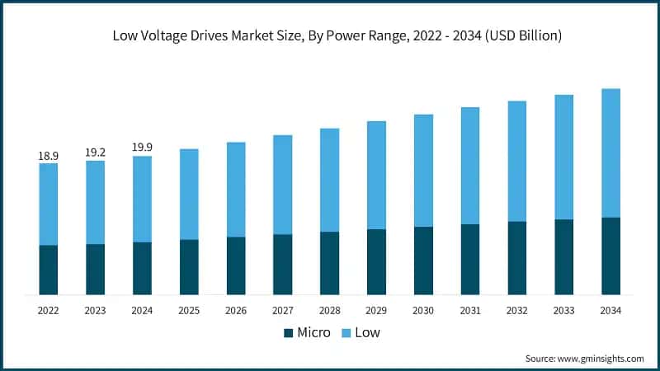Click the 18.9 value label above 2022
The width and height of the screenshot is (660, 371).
tap(48, 155)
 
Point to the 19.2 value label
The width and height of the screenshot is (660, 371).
tap(95, 153)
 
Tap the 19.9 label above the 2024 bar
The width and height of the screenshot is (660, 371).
tap(142, 148)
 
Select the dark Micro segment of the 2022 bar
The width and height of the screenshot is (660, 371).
tap(48, 270)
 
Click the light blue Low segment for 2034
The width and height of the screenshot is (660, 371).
tap(610, 153)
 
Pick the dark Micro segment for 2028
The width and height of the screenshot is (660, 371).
tap(329, 263)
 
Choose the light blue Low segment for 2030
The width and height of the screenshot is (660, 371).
tap(423, 171)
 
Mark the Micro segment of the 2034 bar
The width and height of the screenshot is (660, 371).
tap(610, 256)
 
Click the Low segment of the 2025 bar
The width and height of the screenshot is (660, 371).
tap(189, 195)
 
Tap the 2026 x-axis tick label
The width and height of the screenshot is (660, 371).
tap(236, 311)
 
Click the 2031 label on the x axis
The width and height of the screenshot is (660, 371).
tap(470, 311)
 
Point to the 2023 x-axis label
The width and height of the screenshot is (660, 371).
tap(95, 311)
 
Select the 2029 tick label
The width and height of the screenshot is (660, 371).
tap(376, 311)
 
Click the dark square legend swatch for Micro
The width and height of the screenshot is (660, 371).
tap(288, 333)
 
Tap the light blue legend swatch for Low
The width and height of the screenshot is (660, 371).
tap(347, 333)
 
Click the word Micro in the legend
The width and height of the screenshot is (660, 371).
tap(313, 333)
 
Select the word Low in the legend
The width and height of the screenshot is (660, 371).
tap(368, 333)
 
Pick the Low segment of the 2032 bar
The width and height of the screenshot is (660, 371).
tap(517, 161)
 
